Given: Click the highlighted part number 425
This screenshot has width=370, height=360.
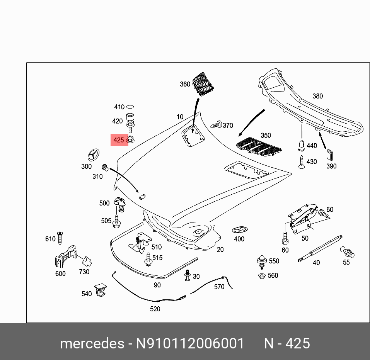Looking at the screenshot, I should point(119,140).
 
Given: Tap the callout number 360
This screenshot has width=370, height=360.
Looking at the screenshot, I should point(185,84).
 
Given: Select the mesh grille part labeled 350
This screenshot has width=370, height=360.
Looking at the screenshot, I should point(259,146).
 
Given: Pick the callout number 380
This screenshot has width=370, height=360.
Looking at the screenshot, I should point(317,96).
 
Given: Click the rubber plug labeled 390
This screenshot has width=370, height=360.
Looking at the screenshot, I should point(330,154).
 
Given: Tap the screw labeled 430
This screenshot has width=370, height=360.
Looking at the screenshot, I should point(301,162).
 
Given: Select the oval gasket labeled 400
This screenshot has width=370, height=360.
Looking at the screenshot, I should point(239,230).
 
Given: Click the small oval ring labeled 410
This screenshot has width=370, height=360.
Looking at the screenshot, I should point(130,107).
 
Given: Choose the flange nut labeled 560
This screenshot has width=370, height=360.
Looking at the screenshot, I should point(261,276).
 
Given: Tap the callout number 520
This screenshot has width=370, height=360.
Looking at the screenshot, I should point(155,309).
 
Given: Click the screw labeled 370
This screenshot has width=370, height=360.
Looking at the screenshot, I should point(217,125).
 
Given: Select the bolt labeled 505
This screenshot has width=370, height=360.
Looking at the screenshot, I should point(116,221).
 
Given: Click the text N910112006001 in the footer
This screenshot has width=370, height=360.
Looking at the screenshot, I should point(189,343).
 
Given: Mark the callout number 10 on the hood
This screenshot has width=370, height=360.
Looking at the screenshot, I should point(180,117).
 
